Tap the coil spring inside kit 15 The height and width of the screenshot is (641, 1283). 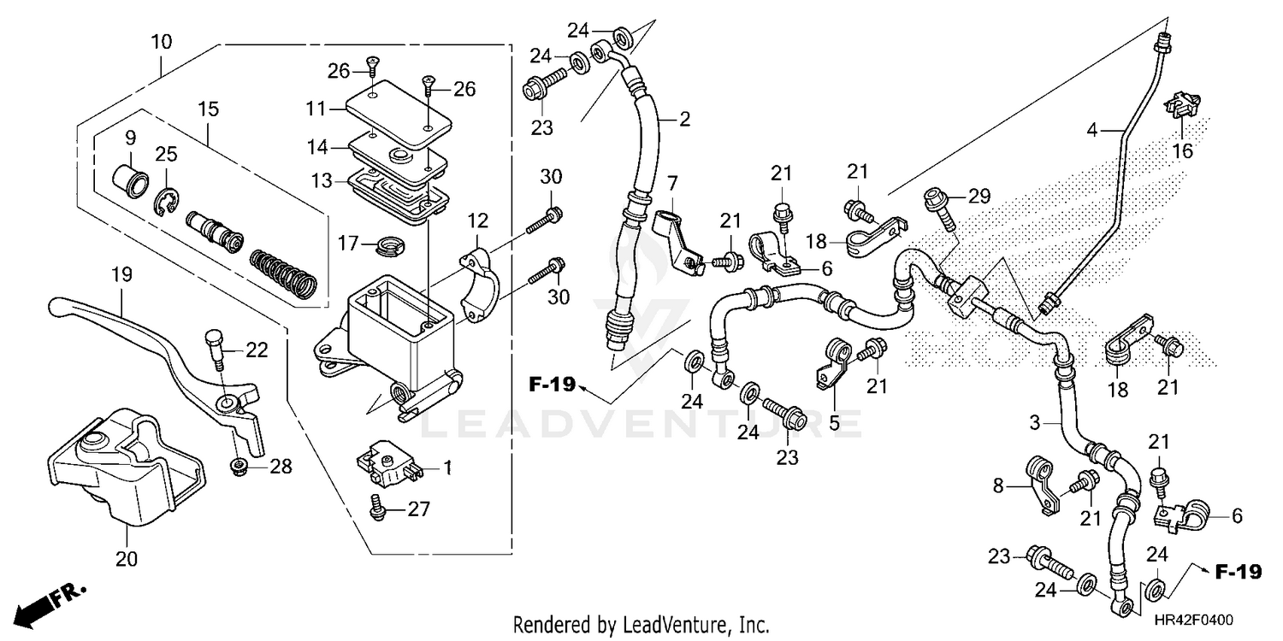point(284,275)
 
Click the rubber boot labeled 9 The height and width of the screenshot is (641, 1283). point(131,182)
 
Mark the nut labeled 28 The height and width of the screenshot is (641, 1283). point(239,466)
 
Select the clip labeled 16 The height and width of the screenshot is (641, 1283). point(1182,106)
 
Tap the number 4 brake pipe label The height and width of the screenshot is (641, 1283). point(1091,131)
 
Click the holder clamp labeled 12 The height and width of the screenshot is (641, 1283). point(476,282)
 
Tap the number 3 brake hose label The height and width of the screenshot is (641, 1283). point(1034,422)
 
